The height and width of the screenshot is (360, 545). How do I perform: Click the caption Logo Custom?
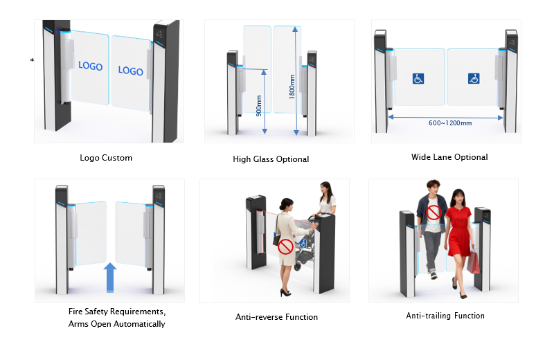tap(106, 158)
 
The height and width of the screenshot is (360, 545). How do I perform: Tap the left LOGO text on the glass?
tap(90, 66)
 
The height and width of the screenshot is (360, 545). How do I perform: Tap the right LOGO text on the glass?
tap(130, 70)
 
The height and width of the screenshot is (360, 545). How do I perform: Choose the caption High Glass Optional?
tap(271, 159)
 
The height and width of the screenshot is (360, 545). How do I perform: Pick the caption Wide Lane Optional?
tap(449, 157)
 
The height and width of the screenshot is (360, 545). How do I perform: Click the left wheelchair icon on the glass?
tap(418, 78)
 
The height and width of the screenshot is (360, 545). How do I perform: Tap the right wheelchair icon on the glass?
tap(474, 78)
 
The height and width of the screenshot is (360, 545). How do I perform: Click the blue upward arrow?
tap(109, 278)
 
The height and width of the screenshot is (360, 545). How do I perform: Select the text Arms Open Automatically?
tap(117, 324)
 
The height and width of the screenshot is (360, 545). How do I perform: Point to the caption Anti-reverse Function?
tap(276, 317)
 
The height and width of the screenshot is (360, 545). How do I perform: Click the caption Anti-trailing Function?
tap(445, 316)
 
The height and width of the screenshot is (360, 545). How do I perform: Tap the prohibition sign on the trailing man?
tap(434, 211)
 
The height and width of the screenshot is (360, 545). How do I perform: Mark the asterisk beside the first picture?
tap(32, 61)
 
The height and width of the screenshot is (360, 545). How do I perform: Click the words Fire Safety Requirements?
tap(116, 312)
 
